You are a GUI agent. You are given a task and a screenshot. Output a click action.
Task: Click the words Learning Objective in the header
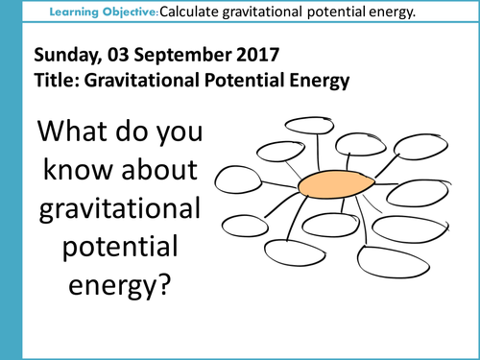coord(108,12)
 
